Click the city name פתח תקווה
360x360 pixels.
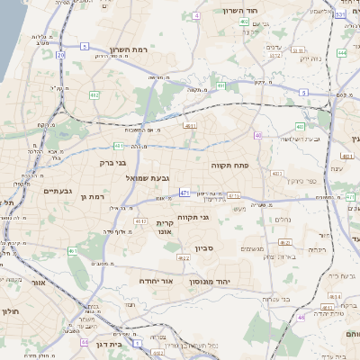254,166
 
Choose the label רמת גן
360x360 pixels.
93,196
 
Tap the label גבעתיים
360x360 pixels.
57,191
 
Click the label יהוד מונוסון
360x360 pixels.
210,282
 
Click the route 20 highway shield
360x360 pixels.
60,55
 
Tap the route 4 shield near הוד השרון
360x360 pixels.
196,16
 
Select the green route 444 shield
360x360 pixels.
343,52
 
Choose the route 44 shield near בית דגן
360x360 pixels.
84,342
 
